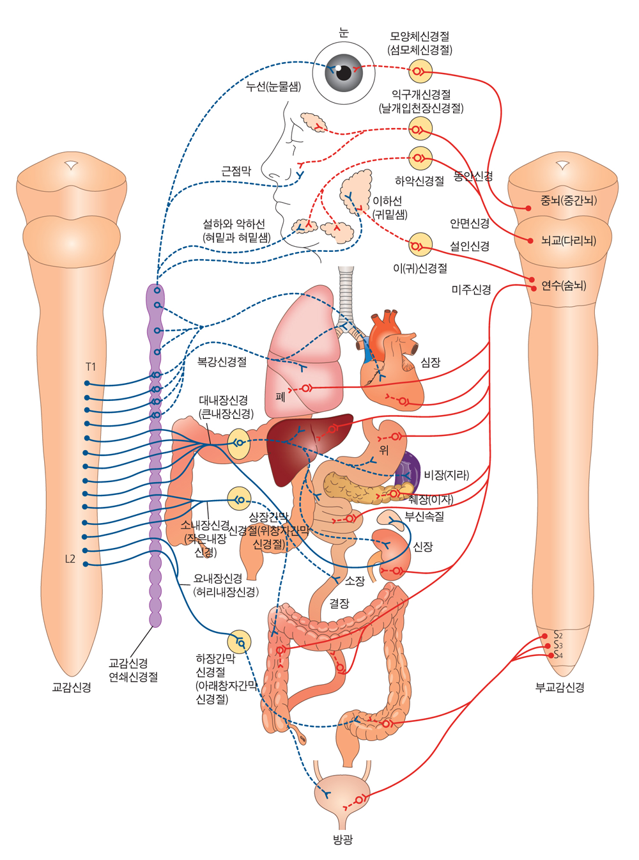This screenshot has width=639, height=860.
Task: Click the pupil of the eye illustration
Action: tap(344, 72)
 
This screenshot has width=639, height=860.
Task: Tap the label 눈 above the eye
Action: tap(344, 33)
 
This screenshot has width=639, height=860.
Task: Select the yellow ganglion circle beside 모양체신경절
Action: tap(420, 71)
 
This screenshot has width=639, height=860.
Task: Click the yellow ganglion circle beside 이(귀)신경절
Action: tap(420, 244)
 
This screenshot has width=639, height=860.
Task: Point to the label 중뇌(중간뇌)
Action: tap(568, 200)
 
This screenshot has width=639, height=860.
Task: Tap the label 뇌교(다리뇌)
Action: tap(568, 240)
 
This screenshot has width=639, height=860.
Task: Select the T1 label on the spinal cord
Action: tap(91, 367)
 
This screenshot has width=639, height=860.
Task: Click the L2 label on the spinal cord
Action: tap(70, 559)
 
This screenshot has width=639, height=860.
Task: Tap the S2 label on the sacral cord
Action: tap(558, 635)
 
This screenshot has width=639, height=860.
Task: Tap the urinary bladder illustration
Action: tap(343, 793)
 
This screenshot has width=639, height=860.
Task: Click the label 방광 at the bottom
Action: tap(343, 840)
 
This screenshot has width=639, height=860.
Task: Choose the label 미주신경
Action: tap(471, 290)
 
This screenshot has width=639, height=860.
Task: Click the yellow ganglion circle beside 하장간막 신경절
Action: tap(240, 642)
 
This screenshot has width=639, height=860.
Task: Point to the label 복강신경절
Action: tap(222, 362)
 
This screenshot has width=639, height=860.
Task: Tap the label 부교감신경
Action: tap(560, 687)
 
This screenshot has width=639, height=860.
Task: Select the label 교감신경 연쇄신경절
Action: tap(133, 670)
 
